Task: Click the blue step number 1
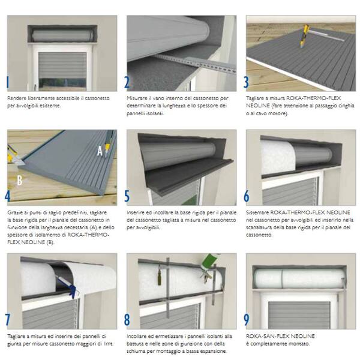[8, 82]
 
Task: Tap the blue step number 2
[127, 82]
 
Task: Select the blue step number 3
[246, 82]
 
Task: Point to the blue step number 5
[127, 196]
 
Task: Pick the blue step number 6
[247, 196]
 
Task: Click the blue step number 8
[127, 320]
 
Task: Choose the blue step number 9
[247, 320]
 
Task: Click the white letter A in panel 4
[100, 151]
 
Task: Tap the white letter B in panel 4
[20, 181]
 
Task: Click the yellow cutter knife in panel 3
[304, 36]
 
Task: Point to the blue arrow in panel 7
[73, 290]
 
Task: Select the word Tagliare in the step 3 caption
[255, 98]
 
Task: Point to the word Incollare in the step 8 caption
[137, 337]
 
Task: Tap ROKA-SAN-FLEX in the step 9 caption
[264, 337]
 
